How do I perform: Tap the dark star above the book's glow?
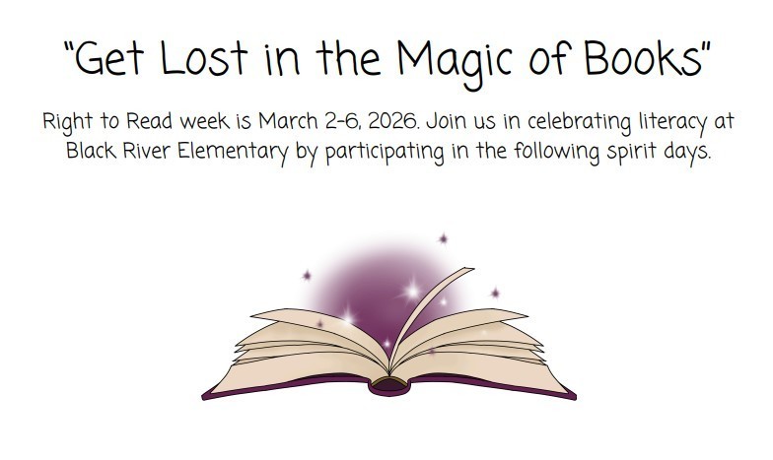[x=443, y=238]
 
